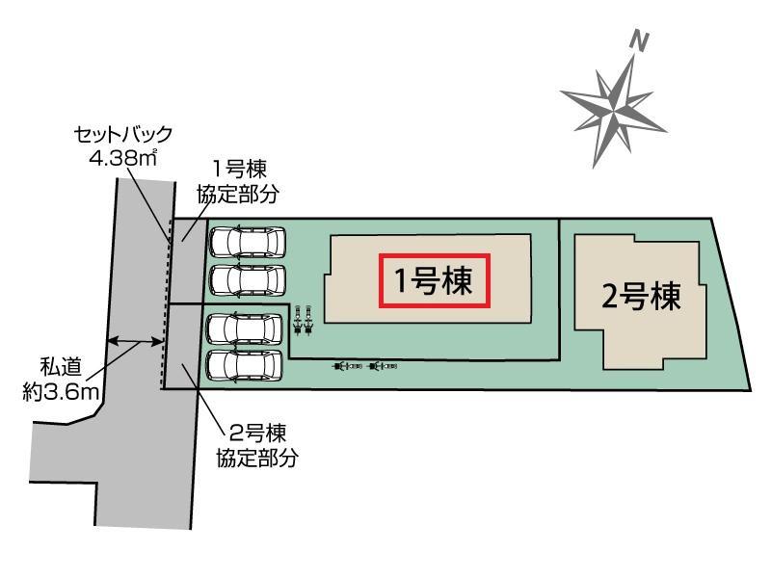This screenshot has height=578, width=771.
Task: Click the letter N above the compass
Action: click(639, 40)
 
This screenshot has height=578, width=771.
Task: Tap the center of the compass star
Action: click(613, 111)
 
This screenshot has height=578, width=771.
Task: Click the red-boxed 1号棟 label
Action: click(435, 280)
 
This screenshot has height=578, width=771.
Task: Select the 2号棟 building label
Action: click(641, 297)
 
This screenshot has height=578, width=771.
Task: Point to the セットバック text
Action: click(123, 135)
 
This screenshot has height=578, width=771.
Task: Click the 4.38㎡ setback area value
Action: click(123, 157)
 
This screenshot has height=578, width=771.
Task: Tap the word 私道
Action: click(61, 367)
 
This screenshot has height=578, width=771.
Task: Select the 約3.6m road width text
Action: click(61, 392)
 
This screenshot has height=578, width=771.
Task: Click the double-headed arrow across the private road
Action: click(135, 341)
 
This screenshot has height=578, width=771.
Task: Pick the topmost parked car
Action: click(248, 242)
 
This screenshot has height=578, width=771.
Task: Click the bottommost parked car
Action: click(245, 366)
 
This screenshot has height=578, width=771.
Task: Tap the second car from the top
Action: click(248, 280)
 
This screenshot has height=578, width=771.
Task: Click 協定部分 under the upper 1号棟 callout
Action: click(238, 195)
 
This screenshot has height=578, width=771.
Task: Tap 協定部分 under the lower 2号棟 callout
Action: click(257, 458)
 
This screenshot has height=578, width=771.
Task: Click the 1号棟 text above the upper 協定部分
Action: click(239, 170)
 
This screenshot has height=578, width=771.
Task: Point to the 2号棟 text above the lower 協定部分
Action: click(257, 433)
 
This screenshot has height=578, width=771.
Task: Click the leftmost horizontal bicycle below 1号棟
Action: click(348, 366)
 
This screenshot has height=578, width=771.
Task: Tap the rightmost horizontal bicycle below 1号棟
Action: click(383, 366)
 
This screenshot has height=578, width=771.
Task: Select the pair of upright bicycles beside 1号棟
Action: click(303, 320)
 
